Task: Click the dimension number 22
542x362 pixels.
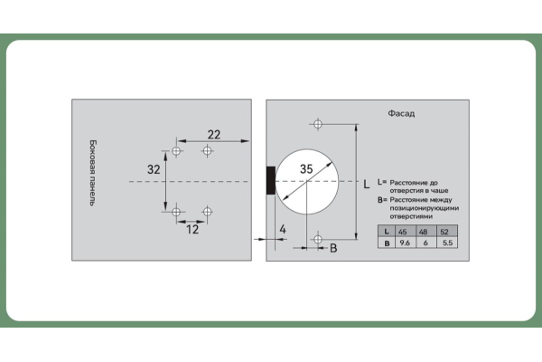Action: [214, 135]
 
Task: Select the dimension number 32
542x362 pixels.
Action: [154, 169]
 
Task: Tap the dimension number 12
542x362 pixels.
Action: [192, 229]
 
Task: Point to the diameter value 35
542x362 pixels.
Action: [306, 168]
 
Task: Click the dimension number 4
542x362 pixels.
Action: [283, 229]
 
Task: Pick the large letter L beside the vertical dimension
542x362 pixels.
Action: [367, 184]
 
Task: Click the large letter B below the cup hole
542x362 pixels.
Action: [333, 248]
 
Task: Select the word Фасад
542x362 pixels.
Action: [401, 114]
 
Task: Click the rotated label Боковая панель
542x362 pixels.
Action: [93, 173]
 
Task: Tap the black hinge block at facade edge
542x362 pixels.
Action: [271, 180]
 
